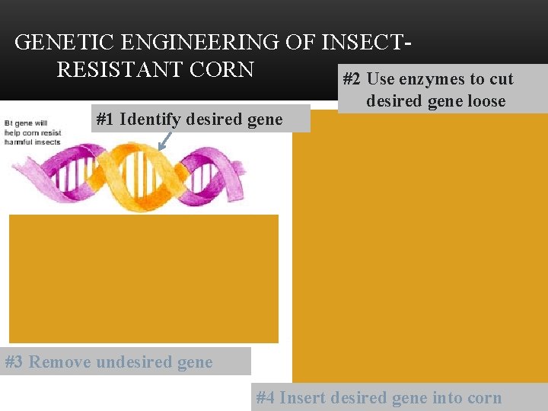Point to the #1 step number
coord(105,119)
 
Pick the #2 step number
coord(352,80)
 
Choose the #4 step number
coord(266,397)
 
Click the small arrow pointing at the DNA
coord(162,141)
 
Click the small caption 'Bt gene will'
coord(26,123)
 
